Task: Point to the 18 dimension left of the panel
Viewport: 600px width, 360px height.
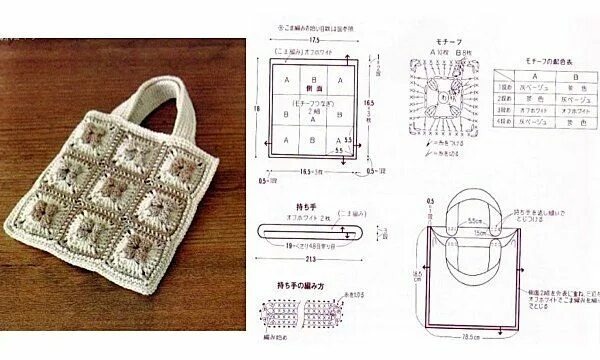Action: (x=257, y=107)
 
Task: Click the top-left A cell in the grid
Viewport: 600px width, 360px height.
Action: (x=288, y=77)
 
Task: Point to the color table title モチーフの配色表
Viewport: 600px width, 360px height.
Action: (x=547, y=61)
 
